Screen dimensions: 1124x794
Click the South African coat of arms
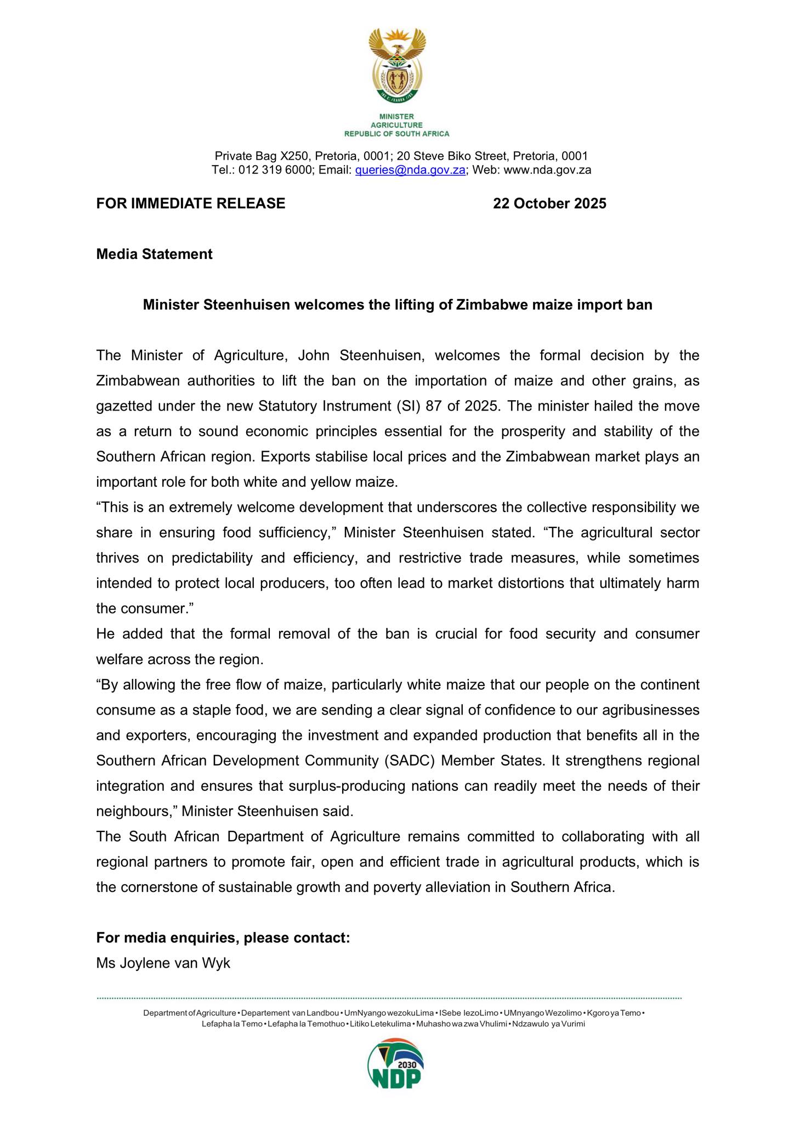pyautogui.click(x=396, y=65)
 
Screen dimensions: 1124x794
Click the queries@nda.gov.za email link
pyautogui.click(x=411, y=170)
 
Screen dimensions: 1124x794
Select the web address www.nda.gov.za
pyautogui.click(x=547, y=170)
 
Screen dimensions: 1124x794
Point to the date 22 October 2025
pyautogui.click(x=549, y=204)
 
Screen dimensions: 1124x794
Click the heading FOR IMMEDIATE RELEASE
pyautogui.click(x=190, y=204)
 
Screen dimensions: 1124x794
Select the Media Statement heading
pyautogui.click(x=154, y=254)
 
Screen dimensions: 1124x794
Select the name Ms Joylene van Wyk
pyautogui.click(x=163, y=963)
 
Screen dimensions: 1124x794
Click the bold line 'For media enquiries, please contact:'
pyautogui.click(x=223, y=938)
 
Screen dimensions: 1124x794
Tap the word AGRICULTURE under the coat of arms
pyautogui.click(x=396, y=125)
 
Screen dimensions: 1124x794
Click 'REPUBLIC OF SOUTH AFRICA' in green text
pyautogui.click(x=396, y=133)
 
